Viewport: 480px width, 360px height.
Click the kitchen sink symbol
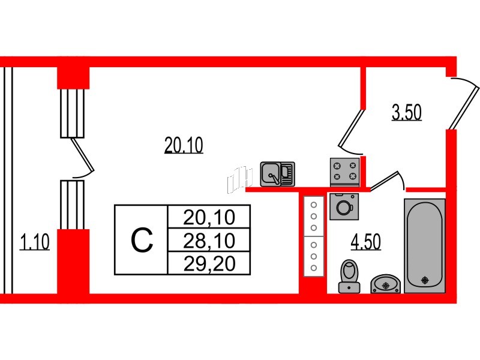277,173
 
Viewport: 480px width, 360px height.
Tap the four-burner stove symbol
344,171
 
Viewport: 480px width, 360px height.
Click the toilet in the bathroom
349,277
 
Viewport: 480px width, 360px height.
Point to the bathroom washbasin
385,283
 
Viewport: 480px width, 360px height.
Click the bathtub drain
425,280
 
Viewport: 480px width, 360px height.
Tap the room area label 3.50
407,113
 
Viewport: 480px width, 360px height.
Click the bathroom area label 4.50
366,242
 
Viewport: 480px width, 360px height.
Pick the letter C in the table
142,240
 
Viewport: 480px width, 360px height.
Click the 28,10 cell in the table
209,241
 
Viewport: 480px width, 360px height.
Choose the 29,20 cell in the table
209,263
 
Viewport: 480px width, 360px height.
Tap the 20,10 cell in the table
209,217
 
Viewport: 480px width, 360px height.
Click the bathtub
425,246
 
